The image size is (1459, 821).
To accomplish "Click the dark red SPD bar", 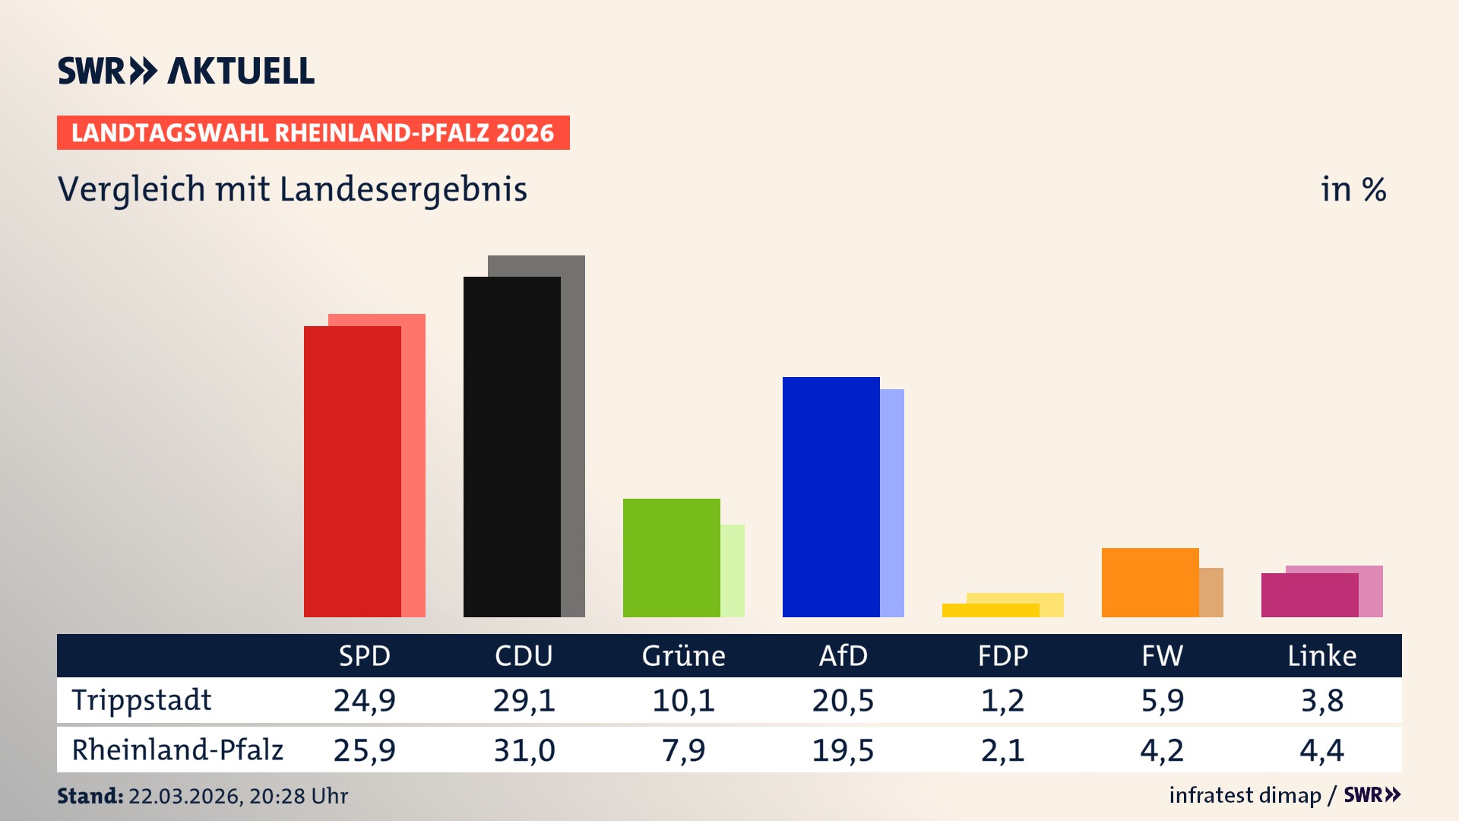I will [x=352, y=471].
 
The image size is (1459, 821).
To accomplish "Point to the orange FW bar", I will [x=1150, y=582].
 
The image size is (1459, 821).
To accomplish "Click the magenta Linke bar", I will [x=1309, y=595].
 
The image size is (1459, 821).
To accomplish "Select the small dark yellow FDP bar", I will [x=990, y=610].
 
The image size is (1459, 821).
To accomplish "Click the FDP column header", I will [x=1002, y=656].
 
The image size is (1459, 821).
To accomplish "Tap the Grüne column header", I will [x=683, y=656].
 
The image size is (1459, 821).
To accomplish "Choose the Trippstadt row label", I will [x=141, y=700].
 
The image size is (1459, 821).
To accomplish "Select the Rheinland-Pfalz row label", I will [x=177, y=750].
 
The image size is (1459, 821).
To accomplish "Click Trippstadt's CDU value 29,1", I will [x=524, y=700].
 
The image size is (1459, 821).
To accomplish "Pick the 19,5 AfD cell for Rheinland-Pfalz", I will [x=843, y=750].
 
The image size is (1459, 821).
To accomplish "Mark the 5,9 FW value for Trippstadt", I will [x=1162, y=700].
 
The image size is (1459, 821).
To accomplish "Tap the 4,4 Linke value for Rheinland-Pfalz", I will [x=1321, y=750].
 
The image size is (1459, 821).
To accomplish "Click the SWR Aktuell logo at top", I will [x=185, y=71].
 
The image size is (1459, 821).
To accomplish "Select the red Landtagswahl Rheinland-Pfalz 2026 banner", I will [x=313, y=133].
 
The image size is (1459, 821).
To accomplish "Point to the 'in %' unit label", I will [x=1353, y=189].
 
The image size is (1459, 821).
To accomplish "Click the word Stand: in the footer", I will [x=90, y=796].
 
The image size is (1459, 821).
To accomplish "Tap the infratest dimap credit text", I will [x=1245, y=795].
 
